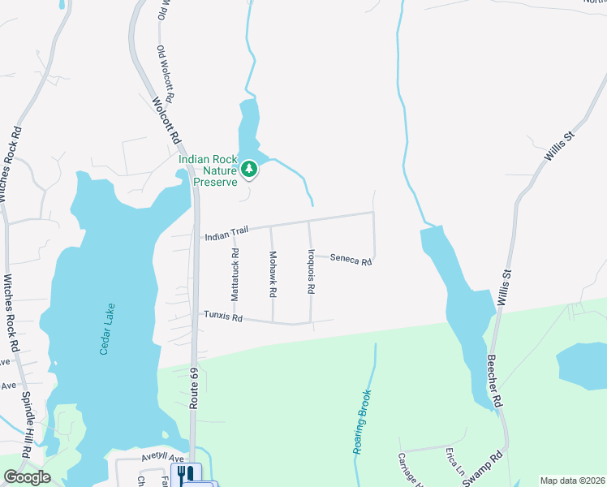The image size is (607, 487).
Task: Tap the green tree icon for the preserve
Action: (x=251, y=169)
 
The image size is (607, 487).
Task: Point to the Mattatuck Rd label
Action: (x=235, y=276)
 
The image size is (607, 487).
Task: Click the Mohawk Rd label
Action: (x=273, y=273)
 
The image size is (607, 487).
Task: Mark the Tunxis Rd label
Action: (x=223, y=317)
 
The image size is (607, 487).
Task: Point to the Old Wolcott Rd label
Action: (x=166, y=73)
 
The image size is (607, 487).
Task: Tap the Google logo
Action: (x=27, y=477)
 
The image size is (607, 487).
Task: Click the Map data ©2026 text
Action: (x=572, y=481)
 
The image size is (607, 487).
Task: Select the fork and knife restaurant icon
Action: (x=185, y=474)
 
